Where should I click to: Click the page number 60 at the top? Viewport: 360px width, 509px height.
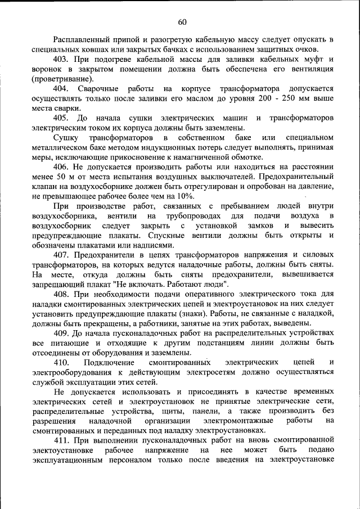click(x=182, y=22)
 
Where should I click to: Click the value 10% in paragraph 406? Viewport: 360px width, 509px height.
click(x=184, y=196)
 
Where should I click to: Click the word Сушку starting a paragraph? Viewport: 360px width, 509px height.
click(x=65, y=138)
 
